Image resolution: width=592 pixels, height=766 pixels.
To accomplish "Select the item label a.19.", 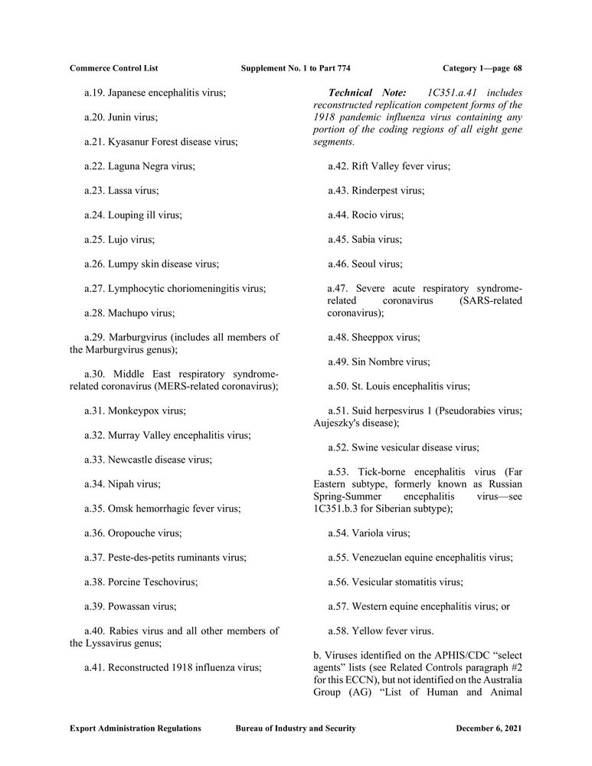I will tap(94, 93).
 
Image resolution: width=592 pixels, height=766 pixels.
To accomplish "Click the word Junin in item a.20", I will tap(121, 117).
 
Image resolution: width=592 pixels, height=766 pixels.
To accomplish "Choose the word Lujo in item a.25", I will tap(119, 240).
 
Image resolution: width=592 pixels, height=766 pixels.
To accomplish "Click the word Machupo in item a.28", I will tap(127, 313).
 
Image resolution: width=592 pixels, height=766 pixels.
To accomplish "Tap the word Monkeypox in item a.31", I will tap(132, 411).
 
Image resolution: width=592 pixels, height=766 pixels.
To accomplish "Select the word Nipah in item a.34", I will tap(121, 484).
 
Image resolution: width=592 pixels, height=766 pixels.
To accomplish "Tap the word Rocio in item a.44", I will tap(365, 215).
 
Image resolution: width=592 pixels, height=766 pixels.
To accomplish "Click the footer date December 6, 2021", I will tap(488, 728).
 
